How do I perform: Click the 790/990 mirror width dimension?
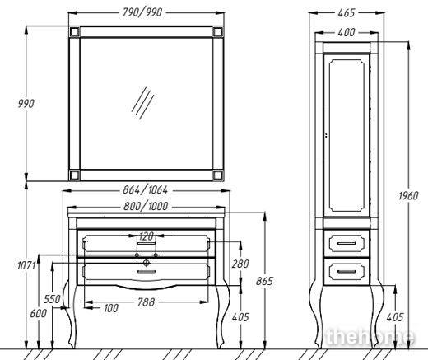(142, 12)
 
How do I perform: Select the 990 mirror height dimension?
(26, 104)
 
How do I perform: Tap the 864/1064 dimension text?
(145, 189)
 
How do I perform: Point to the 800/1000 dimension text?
(146, 206)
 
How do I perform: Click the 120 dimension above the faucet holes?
(147, 236)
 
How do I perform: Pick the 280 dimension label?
(240, 264)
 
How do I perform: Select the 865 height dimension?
(264, 281)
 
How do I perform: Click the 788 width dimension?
(147, 302)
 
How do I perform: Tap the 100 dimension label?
(111, 308)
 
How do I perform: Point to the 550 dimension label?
(52, 299)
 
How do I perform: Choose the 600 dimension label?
(39, 313)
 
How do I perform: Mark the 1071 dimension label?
(26, 265)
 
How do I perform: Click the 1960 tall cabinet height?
(408, 196)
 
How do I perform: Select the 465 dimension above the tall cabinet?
(347, 13)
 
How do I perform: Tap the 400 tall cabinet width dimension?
(347, 32)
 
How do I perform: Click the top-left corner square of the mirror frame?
(75, 31)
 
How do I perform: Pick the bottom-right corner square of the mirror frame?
(218, 175)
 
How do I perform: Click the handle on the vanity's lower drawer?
(147, 272)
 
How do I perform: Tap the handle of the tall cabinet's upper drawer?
(347, 243)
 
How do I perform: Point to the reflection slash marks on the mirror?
(142, 103)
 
